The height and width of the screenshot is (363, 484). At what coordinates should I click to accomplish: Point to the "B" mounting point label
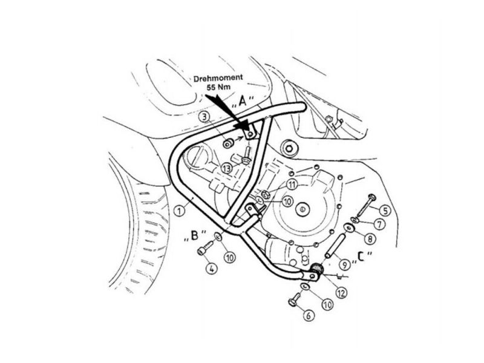(195, 235)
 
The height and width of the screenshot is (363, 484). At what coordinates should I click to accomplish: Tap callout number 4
(211, 269)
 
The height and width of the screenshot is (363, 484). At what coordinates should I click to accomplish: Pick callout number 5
(386, 211)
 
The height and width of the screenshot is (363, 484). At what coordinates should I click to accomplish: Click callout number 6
(309, 315)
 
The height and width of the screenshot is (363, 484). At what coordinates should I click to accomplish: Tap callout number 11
(292, 185)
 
